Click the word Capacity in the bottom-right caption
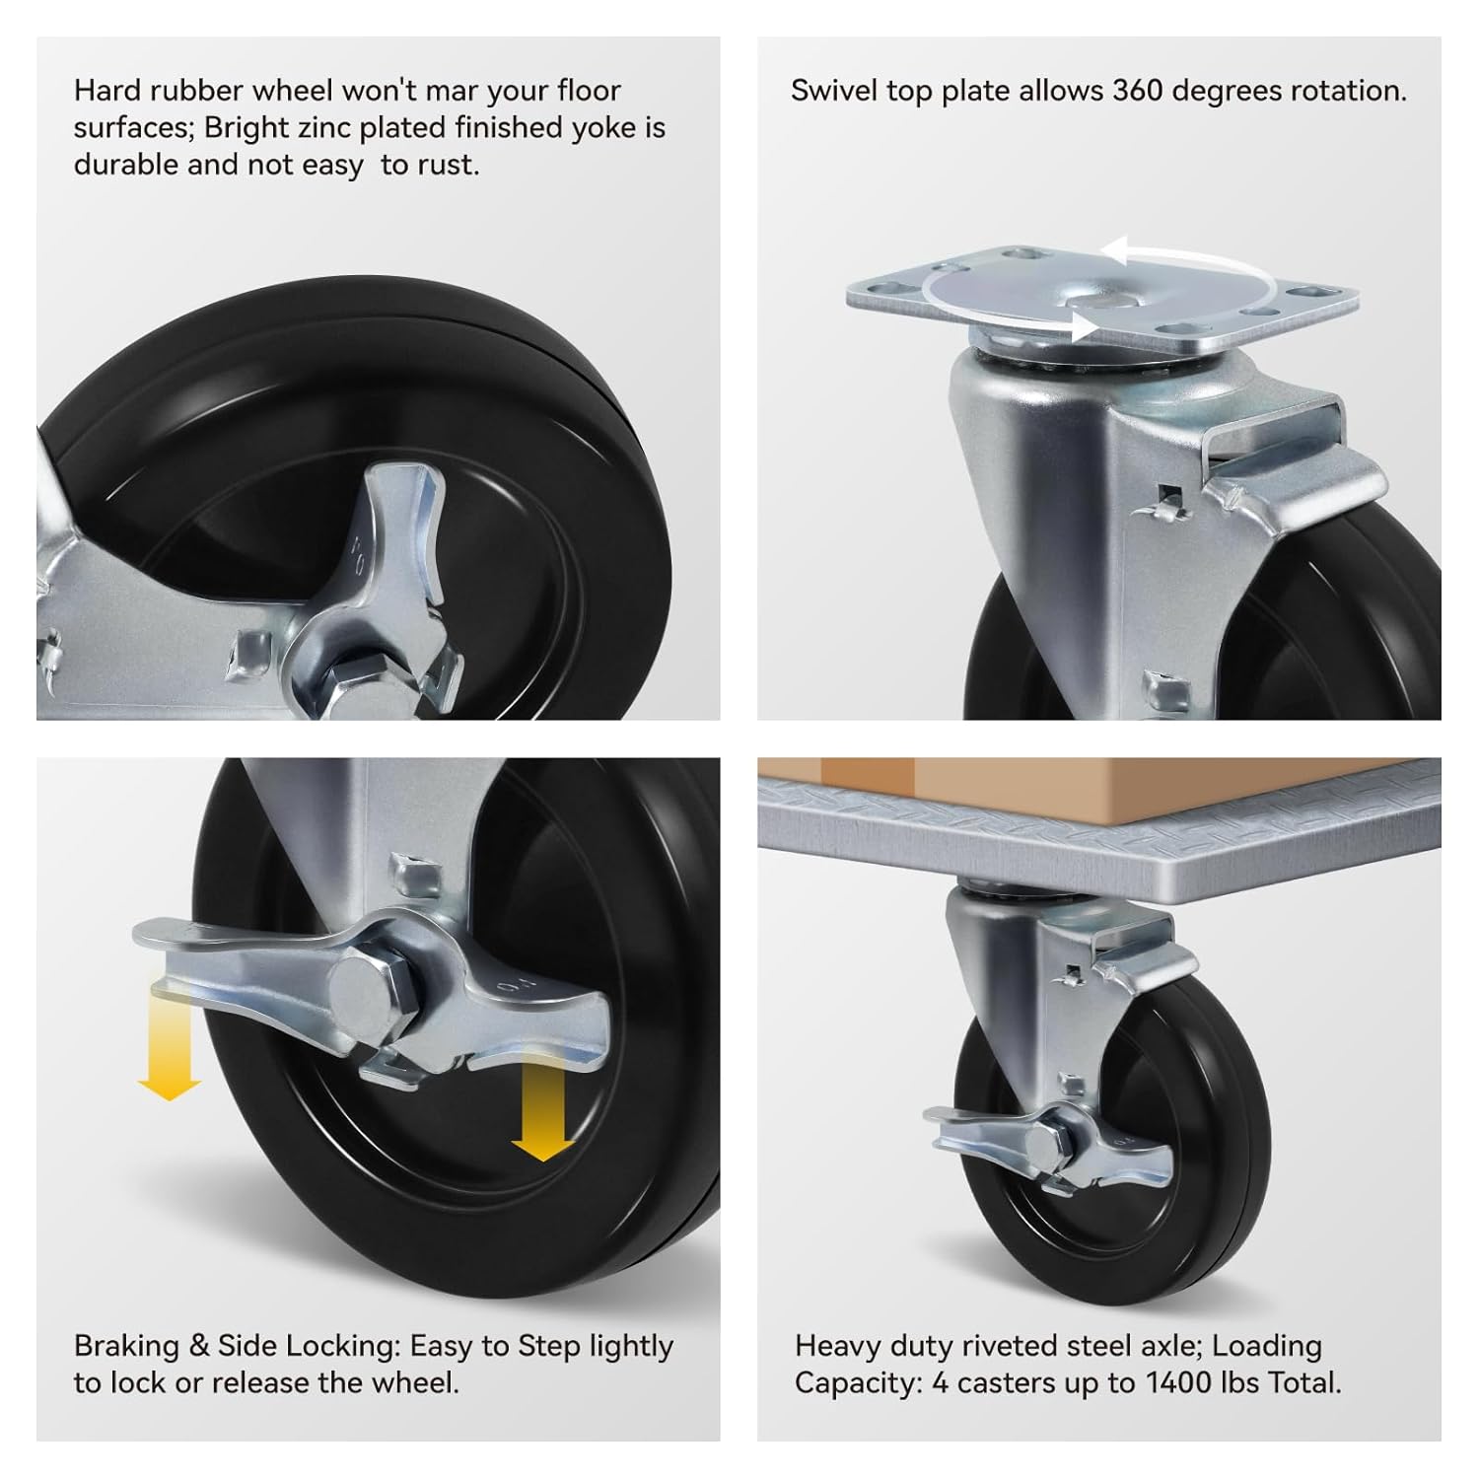pyautogui.click(x=858, y=1382)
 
